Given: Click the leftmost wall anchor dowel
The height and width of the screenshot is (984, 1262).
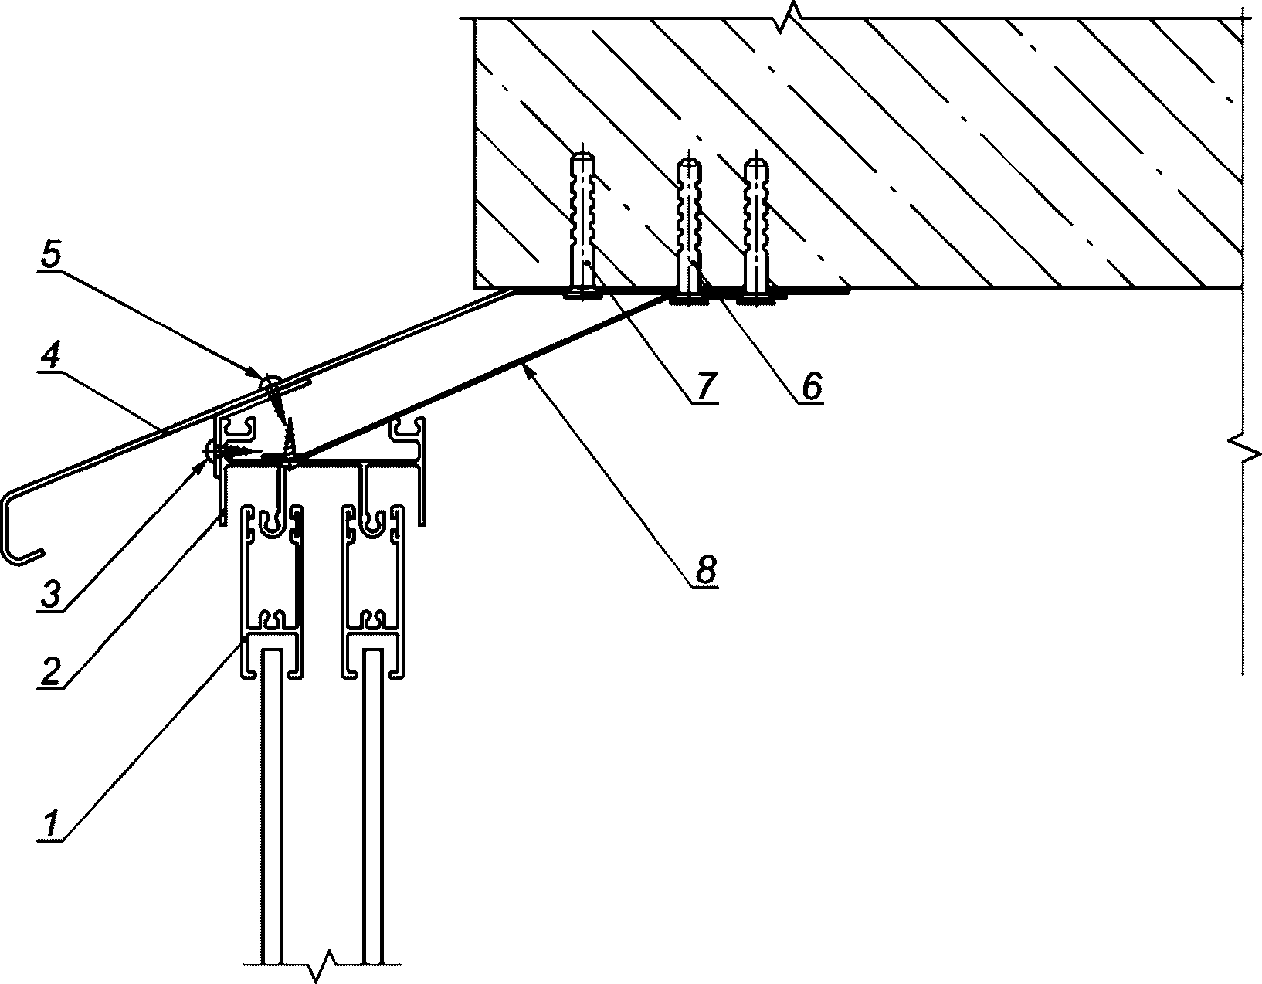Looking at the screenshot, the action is click(x=582, y=226).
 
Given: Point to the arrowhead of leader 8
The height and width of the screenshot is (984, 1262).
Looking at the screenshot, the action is click(x=528, y=369).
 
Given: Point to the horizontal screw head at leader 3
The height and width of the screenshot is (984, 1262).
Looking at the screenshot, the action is click(x=210, y=450).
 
